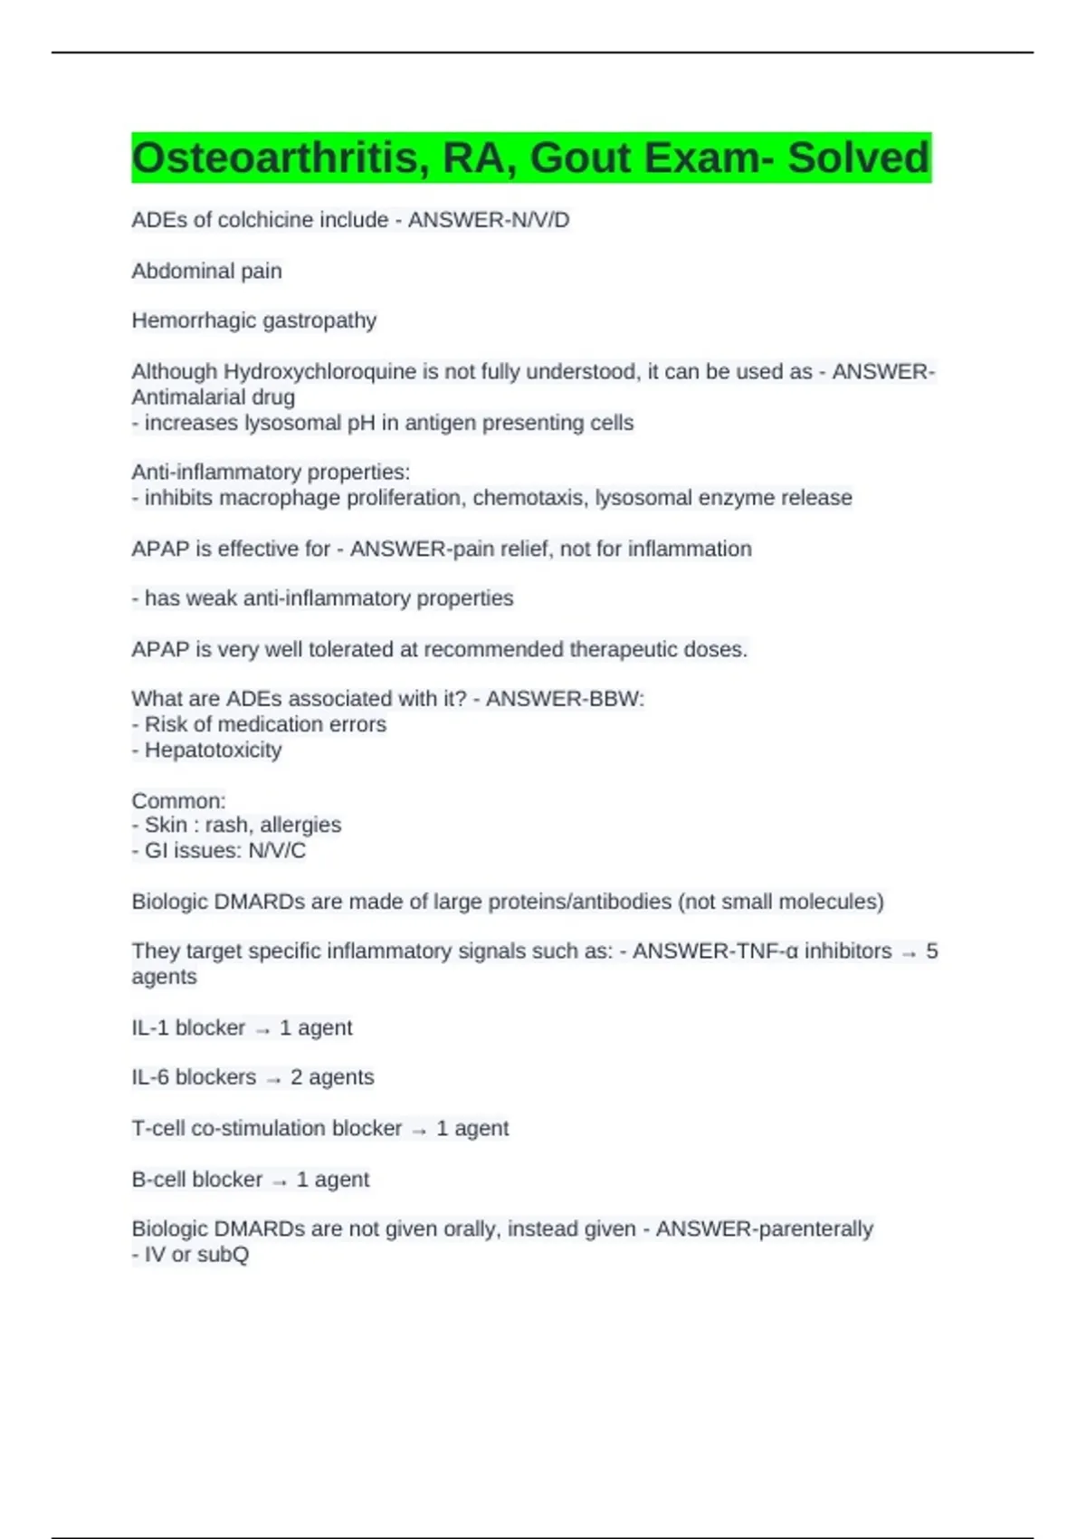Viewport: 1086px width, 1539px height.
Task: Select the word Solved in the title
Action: click(x=857, y=158)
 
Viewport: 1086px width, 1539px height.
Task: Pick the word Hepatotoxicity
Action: click(x=214, y=750)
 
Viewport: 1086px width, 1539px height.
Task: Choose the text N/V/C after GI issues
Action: click(x=276, y=851)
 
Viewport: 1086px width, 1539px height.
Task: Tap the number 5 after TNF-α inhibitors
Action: click(x=931, y=951)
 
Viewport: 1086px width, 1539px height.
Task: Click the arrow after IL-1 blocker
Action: click(x=262, y=1030)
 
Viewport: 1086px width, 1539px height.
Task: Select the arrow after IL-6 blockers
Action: click(x=273, y=1079)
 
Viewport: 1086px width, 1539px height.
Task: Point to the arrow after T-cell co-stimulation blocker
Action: click(x=419, y=1131)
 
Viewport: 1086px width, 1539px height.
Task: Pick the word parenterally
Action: click(x=814, y=1229)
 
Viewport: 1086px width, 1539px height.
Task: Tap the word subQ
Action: click(x=223, y=1255)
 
